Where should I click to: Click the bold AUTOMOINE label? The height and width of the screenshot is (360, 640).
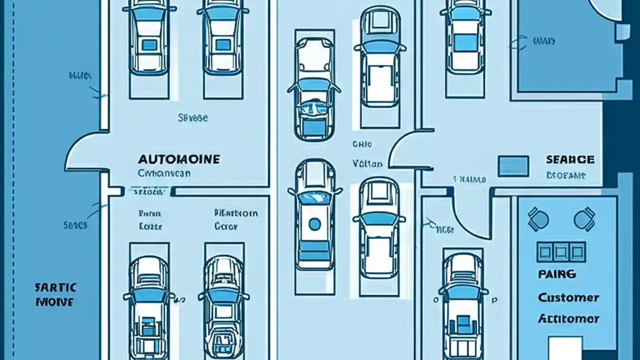(178, 159)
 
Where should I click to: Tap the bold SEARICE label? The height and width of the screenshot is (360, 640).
(570, 159)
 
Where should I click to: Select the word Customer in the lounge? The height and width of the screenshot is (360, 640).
(568, 297)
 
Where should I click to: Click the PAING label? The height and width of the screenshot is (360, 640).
(556, 274)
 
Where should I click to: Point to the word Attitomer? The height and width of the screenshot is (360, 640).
(568, 318)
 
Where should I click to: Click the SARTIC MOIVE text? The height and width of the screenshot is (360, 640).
(55, 294)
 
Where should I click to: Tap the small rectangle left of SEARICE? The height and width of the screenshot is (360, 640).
(513, 165)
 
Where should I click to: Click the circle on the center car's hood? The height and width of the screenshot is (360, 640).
(314, 224)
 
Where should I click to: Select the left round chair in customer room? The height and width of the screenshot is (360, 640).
(538, 219)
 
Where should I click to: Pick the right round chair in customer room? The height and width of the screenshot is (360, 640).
(584, 219)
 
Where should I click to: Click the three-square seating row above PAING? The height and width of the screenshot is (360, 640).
(561, 251)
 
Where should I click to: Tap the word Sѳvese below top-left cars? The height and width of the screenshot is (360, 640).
(192, 118)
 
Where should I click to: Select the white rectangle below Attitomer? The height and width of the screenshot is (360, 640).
(565, 347)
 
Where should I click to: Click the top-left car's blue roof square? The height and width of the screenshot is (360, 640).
(149, 45)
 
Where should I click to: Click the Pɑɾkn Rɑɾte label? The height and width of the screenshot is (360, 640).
(150, 219)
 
